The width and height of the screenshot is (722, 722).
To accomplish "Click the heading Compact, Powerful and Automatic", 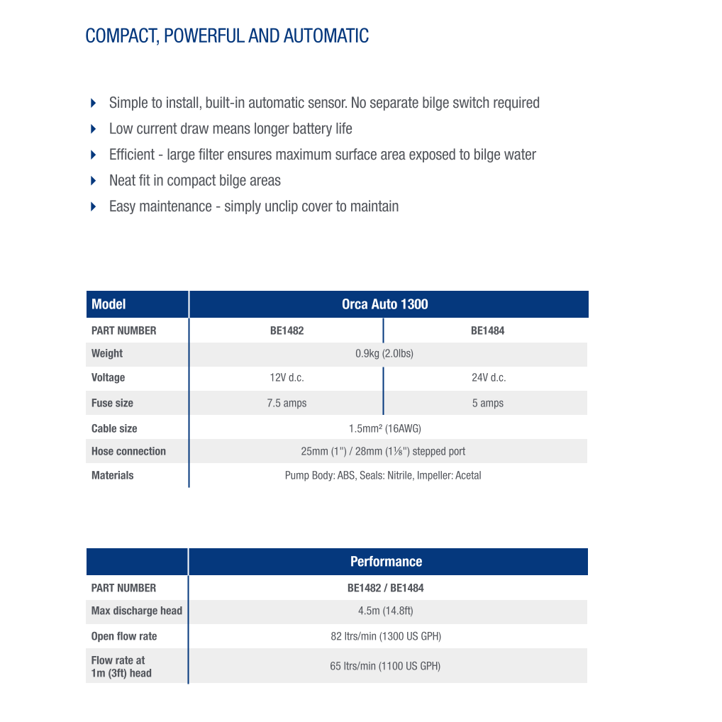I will (x=227, y=35).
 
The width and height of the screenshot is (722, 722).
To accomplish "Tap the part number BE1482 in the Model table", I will (x=287, y=331).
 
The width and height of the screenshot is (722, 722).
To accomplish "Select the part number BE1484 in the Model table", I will (x=487, y=331).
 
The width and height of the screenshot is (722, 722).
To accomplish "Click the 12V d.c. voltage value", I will (x=287, y=377).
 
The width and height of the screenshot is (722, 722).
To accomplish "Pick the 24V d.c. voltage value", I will (x=489, y=377).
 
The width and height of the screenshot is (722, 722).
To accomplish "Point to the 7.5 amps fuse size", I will (x=287, y=403).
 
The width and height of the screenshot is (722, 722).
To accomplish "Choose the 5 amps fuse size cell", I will (x=488, y=403).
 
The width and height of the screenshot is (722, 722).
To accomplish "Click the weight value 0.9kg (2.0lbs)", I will (x=384, y=353).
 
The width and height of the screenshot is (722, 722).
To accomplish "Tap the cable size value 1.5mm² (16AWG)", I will (x=384, y=428).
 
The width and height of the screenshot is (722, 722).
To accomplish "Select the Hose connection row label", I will (x=128, y=451).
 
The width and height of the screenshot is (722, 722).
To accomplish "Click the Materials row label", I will (x=112, y=475).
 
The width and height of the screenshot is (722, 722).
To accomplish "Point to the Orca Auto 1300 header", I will (x=385, y=304).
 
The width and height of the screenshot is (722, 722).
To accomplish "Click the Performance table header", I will (x=386, y=562).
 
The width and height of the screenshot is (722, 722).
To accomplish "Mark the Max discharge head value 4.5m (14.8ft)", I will (x=385, y=611).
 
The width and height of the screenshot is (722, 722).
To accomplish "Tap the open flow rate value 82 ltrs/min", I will (x=386, y=636).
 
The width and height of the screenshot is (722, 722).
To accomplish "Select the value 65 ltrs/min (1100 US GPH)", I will (x=385, y=666).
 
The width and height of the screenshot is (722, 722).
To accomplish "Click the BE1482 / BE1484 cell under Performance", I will (x=385, y=588).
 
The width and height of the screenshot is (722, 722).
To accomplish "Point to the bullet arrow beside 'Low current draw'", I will (x=94, y=129).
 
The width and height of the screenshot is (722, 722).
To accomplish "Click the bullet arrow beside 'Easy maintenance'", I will (x=94, y=206).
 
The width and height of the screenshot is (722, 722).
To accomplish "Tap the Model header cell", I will (x=109, y=304).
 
